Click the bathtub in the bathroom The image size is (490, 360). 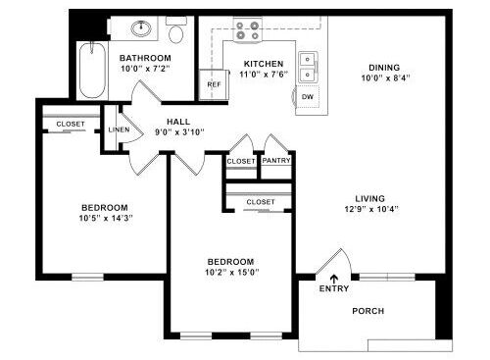click(x=92, y=70)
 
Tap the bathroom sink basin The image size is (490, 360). click(x=141, y=28)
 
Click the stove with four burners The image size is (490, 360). click(x=248, y=30)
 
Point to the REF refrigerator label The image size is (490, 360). click(x=215, y=84)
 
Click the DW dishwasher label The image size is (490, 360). click(x=308, y=97)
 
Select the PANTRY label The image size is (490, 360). click(x=276, y=161)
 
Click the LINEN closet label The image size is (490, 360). click(x=119, y=129)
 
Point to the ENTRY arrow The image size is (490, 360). click(x=334, y=279)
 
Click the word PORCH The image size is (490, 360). click(x=368, y=311)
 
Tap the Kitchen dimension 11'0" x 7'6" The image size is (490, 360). click(x=264, y=75)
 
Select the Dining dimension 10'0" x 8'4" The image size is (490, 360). click(x=385, y=78)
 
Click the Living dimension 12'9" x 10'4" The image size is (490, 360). click(x=371, y=209)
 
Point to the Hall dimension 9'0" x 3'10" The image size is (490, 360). click(x=179, y=132)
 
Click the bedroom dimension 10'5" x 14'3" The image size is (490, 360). click(x=106, y=218)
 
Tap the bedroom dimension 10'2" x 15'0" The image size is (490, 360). click(x=232, y=273)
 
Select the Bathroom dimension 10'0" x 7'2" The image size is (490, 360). click(x=146, y=69)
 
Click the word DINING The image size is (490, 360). click(x=384, y=68)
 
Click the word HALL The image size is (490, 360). click(x=178, y=122)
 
